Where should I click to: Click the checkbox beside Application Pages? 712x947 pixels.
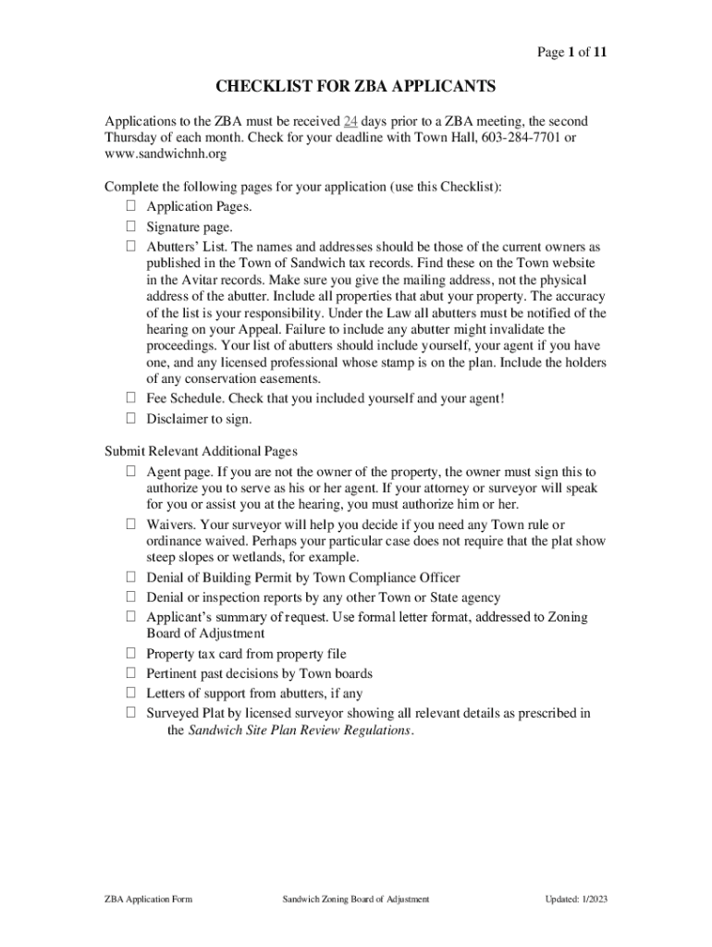131,207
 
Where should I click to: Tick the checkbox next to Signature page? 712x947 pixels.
131,228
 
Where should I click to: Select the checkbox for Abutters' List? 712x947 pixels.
131,248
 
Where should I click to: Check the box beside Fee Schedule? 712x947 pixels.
131,399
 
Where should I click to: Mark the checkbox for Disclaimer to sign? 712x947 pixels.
131,419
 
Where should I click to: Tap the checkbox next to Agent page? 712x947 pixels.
131,473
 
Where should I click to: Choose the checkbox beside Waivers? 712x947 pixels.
131,525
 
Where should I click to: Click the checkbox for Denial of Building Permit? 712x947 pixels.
131,579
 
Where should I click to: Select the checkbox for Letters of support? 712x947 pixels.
131,694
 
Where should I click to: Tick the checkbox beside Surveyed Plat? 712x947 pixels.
131,713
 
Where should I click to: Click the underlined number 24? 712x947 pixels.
350,122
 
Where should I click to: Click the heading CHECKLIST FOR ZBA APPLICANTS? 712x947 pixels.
356,87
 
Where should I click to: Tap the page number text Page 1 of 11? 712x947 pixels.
572,52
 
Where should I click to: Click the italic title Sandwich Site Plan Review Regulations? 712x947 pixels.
301,731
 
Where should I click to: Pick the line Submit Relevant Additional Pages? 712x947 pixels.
201,451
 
